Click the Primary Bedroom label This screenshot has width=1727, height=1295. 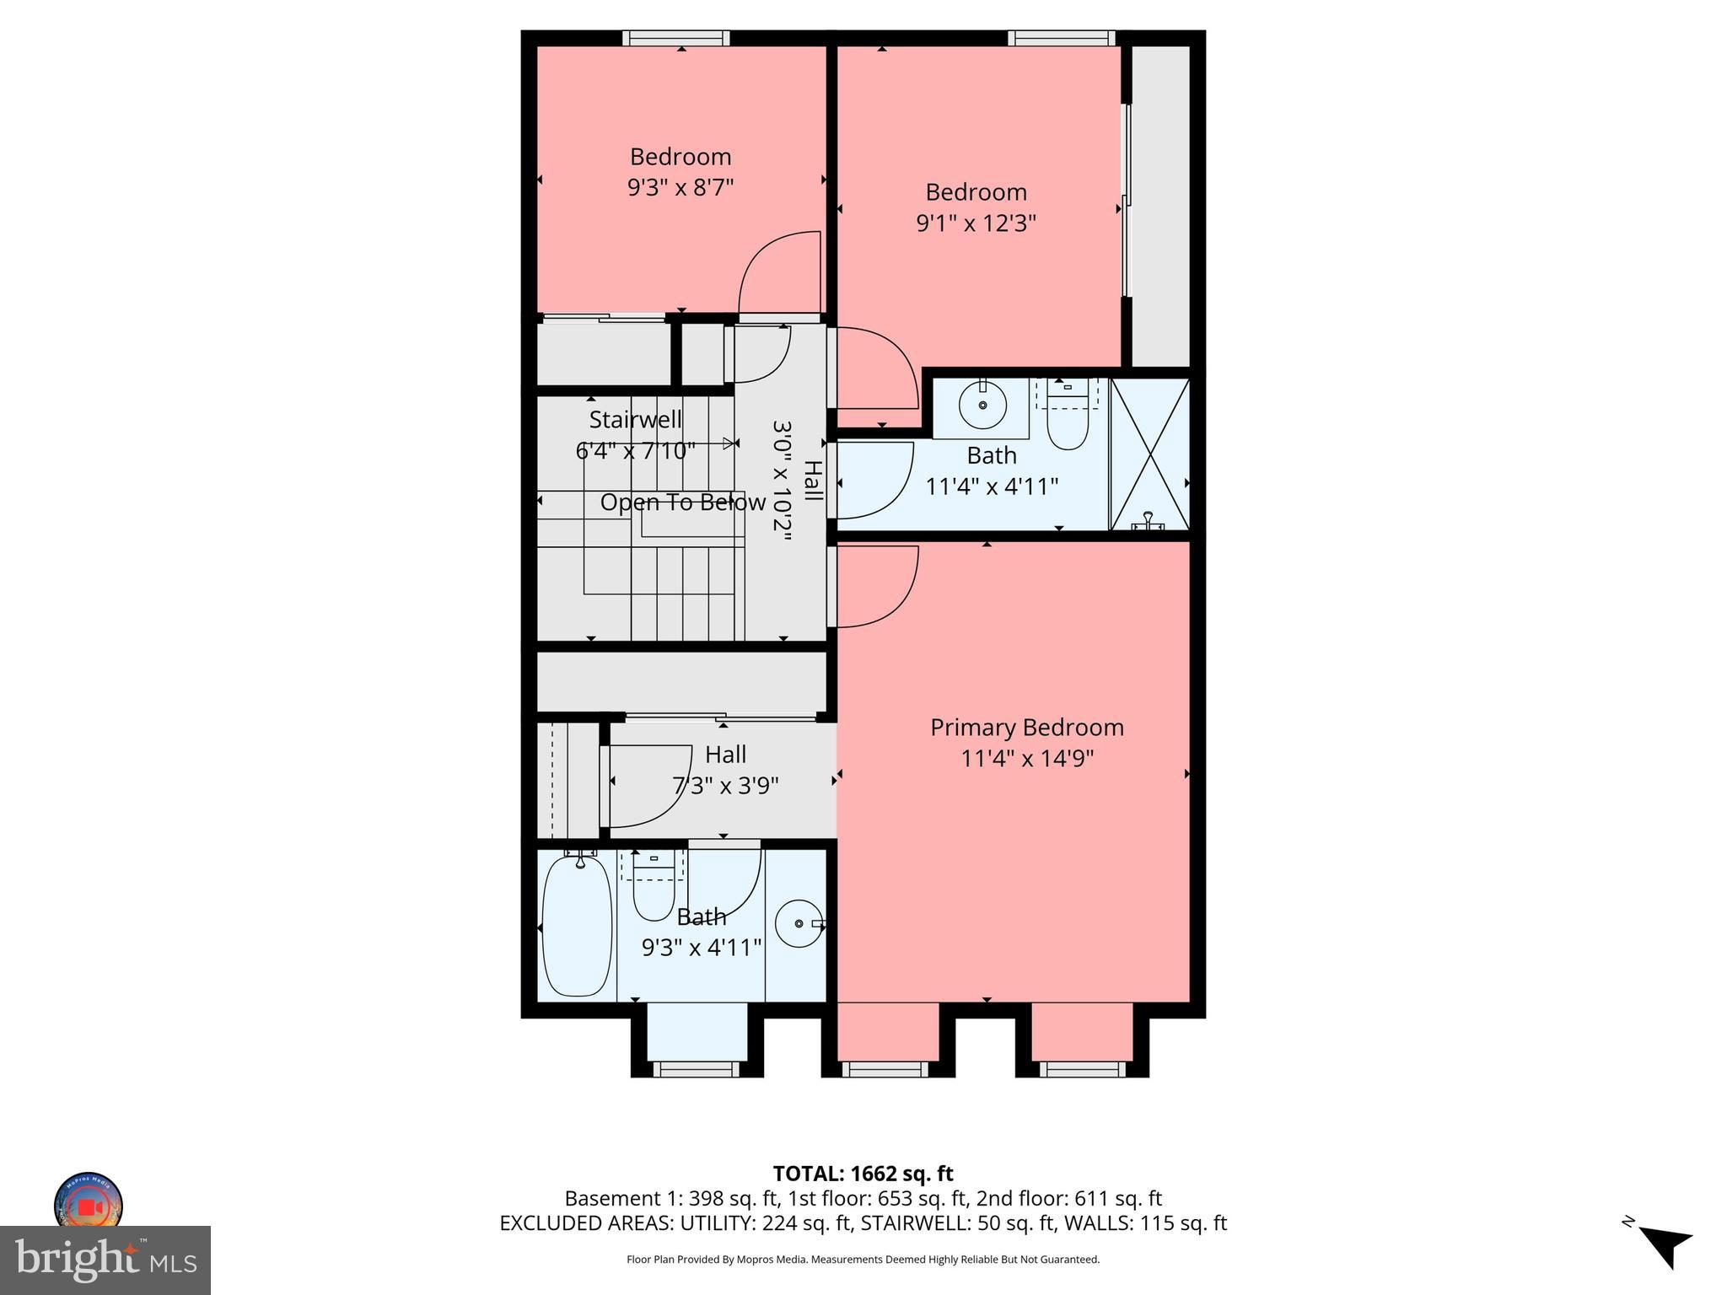pos(1026,727)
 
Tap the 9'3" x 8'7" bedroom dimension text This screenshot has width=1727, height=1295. pos(681,187)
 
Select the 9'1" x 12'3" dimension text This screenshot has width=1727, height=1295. pos(976,223)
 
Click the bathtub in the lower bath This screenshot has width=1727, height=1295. pos(577,924)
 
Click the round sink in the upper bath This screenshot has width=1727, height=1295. pos(983,406)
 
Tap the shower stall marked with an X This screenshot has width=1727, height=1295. pos(1149,454)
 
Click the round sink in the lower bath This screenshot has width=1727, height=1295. pos(799,923)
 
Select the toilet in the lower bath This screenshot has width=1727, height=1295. pos(654,889)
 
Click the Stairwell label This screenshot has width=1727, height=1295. pos(635,419)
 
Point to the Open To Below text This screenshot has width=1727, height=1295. pos(682,502)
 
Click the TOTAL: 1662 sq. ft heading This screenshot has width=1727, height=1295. pos(863,1174)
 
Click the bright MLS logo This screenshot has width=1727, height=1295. pos(105,1260)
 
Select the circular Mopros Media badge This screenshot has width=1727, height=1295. pos(89,1203)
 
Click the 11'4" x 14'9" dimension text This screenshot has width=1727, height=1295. pos(1026,759)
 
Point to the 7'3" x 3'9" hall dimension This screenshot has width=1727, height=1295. pos(725,786)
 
